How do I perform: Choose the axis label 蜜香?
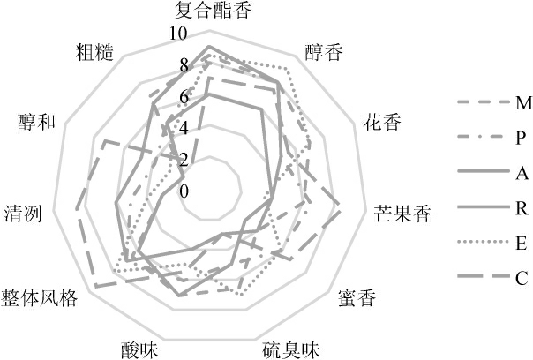point(356,297)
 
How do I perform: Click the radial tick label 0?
point(184,192)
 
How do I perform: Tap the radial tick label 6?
point(184,97)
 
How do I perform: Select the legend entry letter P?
point(520,138)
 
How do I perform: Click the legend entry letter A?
point(520,172)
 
